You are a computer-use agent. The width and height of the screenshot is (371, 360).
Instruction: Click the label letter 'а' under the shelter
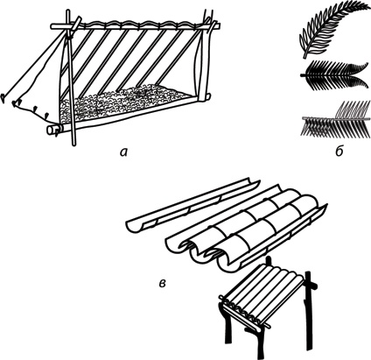coord(123,152)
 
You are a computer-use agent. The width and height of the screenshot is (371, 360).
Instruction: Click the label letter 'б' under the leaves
coord(339,152)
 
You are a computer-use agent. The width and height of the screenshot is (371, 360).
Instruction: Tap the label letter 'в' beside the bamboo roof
coord(163,283)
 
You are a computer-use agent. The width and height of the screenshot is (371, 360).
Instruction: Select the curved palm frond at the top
coord(332,29)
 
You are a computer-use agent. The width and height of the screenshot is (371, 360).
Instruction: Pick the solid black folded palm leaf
coord(332,75)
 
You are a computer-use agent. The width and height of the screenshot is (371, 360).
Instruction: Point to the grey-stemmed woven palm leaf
coord(335,120)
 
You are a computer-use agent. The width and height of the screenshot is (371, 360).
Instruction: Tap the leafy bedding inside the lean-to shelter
coord(125,102)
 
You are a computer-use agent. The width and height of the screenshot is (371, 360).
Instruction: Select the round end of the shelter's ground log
coord(52,130)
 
